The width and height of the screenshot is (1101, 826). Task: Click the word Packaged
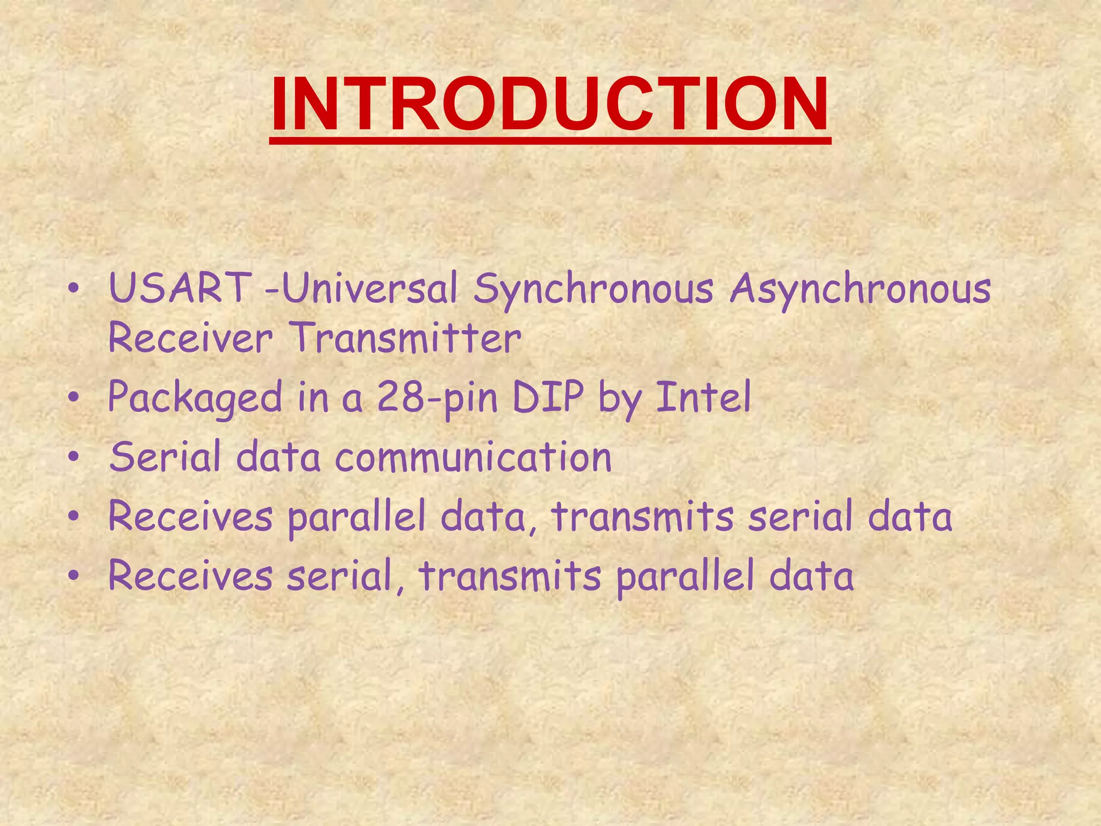click(x=195, y=398)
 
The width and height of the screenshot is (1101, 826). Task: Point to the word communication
click(x=474, y=457)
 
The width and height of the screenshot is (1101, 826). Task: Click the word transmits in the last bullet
click(x=510, y=575)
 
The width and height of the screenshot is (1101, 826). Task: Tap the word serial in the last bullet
click(x=345, y=575)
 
